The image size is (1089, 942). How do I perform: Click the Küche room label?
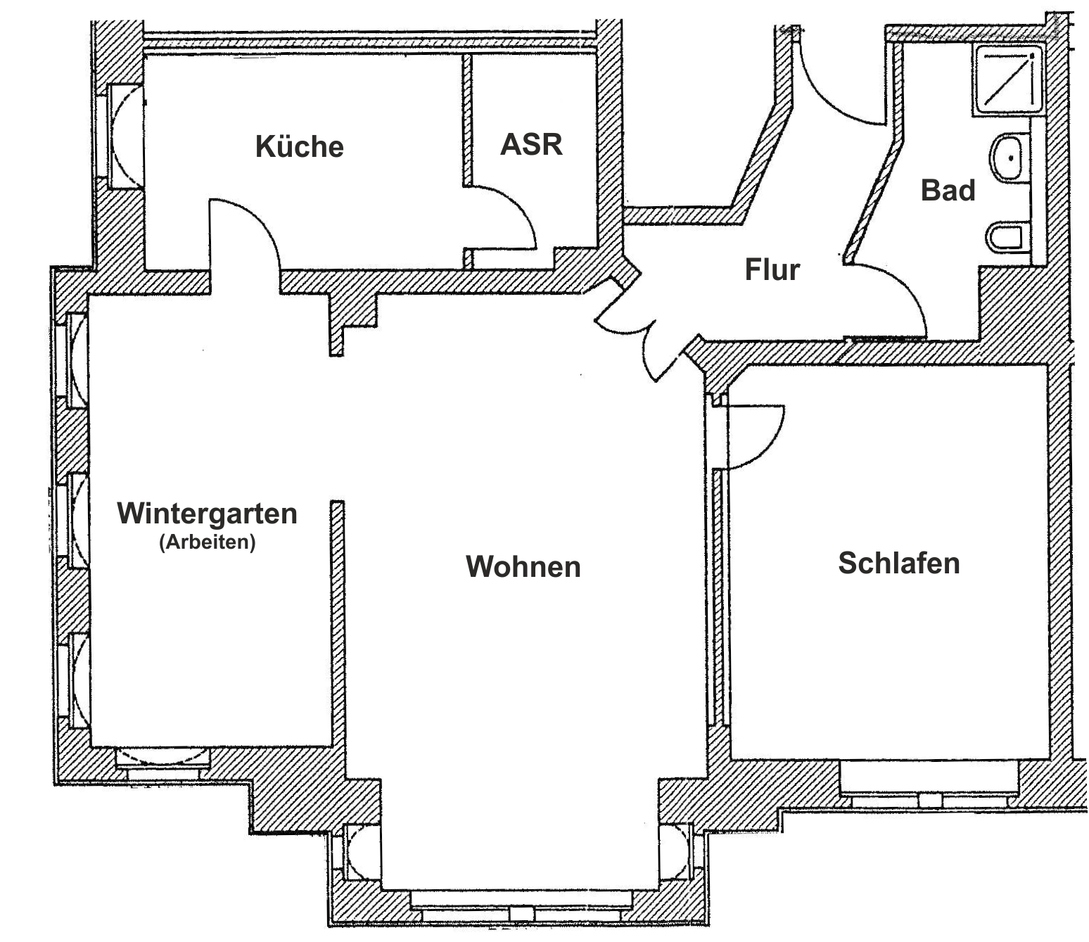coord(299,146)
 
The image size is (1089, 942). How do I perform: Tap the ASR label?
coord(531,144)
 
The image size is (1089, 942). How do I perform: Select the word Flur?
coord(772,269)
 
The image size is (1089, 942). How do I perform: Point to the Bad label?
coord(948,191)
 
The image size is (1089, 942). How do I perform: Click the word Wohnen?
coord(523,566)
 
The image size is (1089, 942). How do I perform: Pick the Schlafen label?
coord(898,563)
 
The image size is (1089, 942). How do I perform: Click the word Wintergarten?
coord(207,513)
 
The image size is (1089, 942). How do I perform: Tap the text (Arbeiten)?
coord(207,542)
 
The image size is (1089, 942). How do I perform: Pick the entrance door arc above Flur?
coord(837,84)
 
